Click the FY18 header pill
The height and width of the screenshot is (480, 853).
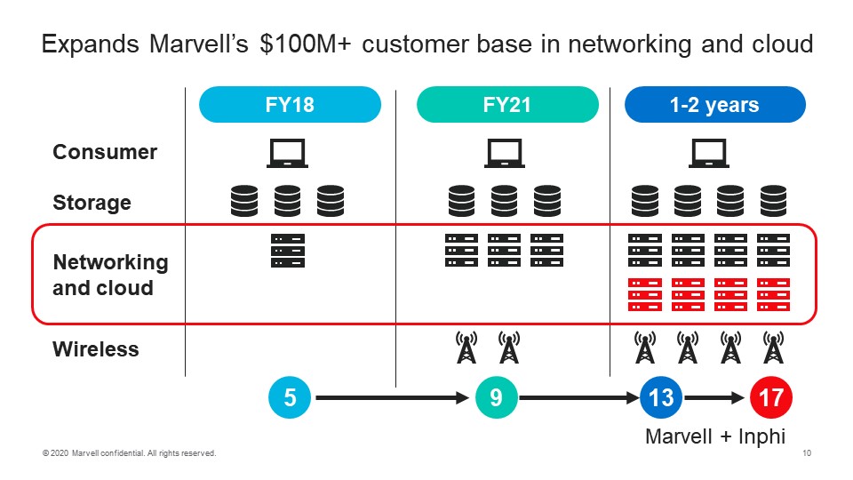click(x=290, y=105)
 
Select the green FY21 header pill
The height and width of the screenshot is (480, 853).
click(x=507, y=105)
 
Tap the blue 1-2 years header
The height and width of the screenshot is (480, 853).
click(x=714, y=105)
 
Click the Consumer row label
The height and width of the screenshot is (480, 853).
click(x=105, y=152)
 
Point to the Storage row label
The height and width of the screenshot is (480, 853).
click(x=92, y=203)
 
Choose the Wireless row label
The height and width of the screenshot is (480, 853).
click(x=96, y=349)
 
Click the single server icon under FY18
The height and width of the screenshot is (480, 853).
click(x=288, y=251)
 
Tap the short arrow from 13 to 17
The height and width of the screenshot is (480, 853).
click(x=716, y=398)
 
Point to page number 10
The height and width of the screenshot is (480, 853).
click(x=806, y=454)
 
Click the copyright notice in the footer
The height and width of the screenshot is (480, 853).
click(x=130, y=454)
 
